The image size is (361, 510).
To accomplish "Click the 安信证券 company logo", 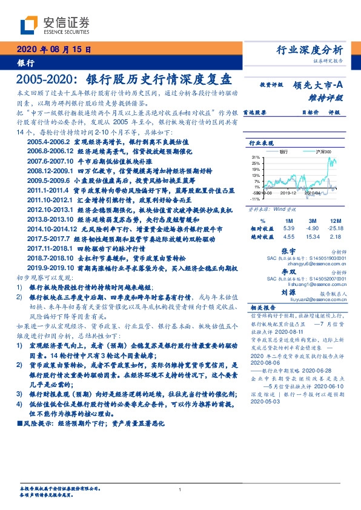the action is pyautogui.click(x=55, y=25).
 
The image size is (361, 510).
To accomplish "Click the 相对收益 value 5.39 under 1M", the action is pyautogui.click(x=288, y=228).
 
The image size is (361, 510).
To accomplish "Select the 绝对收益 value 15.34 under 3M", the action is pyautogui.click(x=313, y=237).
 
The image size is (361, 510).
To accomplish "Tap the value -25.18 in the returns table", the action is pyautogui.click(x=334, y=228).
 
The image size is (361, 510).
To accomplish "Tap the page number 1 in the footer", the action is pyautogui.click(x=180, y=489).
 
